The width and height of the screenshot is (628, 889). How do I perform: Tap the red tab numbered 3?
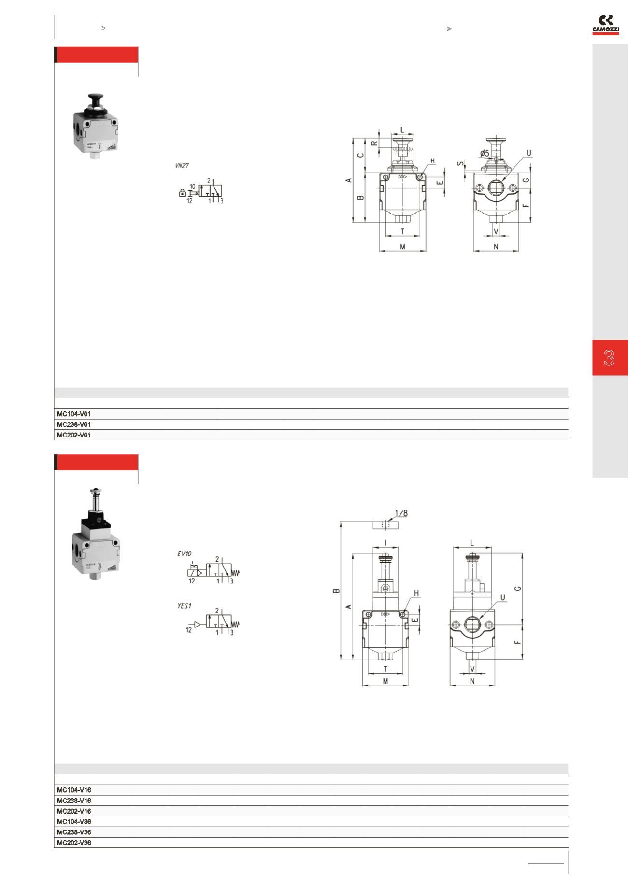[610, 358]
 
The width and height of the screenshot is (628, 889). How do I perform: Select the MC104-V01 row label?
[74, 414]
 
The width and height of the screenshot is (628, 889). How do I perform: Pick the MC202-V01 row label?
[74, 435]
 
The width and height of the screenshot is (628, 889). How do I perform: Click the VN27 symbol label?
[182, 165]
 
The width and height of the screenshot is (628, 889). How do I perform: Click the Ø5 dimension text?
[485, 153]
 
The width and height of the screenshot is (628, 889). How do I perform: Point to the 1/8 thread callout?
[401, 513]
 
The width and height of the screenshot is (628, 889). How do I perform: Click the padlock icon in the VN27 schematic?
[182, 193]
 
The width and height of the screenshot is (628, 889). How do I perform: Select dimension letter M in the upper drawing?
[402, 247]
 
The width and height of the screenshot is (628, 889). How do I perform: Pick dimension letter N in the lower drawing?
[472, 681]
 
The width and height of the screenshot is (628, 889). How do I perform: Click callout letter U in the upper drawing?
[528, 153]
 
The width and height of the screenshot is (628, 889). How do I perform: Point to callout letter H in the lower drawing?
[416, 593]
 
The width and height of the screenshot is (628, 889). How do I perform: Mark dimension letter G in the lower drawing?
[518, 588]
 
